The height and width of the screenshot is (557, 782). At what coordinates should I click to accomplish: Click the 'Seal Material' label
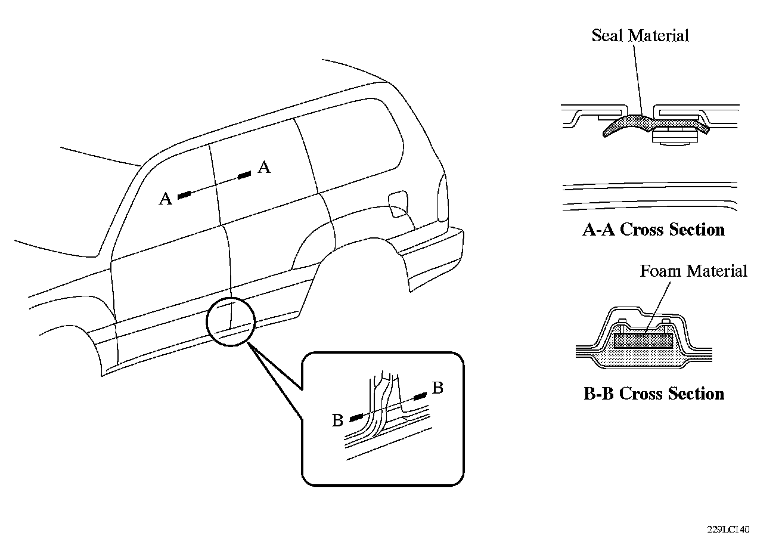coord(640,35)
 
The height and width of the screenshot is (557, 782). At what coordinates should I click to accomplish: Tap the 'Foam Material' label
coord(693,271)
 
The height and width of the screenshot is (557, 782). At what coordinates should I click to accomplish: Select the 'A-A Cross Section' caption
coord(653,230)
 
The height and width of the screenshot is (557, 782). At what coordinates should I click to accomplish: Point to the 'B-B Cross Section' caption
coord(653,394)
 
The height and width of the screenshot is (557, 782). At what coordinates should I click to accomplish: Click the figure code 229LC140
coord(728,530)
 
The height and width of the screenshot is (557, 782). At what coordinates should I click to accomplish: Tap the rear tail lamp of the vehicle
coord(442,197)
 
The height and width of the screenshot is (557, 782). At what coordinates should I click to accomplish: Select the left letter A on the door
coord(165,199)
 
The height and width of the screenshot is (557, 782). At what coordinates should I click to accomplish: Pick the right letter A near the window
coord(264,168)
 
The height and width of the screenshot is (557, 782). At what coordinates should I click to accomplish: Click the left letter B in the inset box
coord(337,420)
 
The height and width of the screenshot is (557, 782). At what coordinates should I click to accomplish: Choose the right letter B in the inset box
coord(437,388)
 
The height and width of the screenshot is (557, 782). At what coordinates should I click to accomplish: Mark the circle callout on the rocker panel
coord(230,321)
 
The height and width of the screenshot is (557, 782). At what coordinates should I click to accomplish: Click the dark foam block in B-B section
coord(643,341)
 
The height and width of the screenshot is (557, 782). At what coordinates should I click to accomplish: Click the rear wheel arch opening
coord(358,262)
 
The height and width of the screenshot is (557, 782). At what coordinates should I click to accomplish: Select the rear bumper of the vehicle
coord(432,256)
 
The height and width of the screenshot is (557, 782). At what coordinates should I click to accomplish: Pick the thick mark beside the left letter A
coord(184,194)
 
